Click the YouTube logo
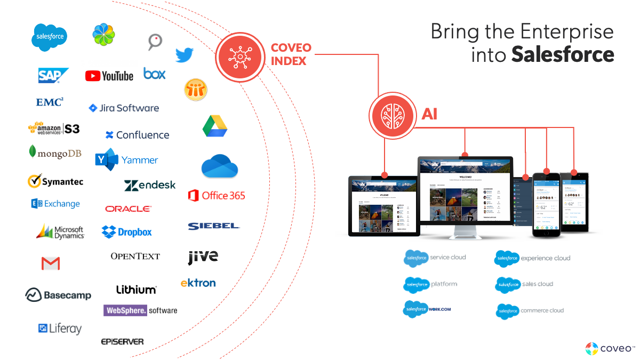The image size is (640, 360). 109,76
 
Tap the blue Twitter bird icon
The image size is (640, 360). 185,54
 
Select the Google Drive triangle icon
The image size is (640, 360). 215,126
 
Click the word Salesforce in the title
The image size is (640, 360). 563,54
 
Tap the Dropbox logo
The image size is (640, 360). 127,232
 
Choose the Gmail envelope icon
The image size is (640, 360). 51,263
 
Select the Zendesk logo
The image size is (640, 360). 150,185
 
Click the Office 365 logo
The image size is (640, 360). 217,196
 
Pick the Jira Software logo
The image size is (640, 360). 124,108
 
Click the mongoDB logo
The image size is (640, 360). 55,153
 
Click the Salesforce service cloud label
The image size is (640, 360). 435,257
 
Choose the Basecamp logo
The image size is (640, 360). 58,295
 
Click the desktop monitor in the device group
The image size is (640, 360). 465,195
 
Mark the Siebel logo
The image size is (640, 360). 214,226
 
